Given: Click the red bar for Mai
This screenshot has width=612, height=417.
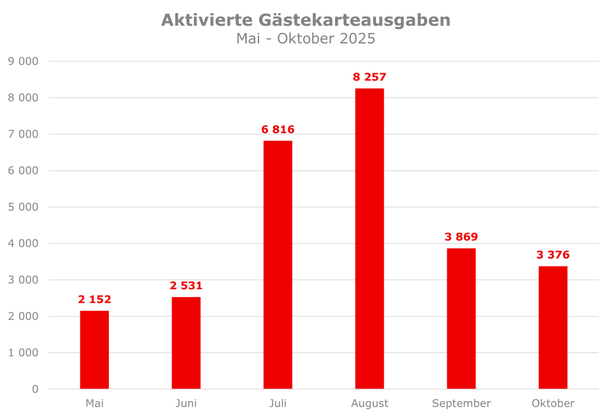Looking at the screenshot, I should click(94, 350).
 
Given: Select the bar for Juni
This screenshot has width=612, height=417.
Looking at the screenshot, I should click(186, 343).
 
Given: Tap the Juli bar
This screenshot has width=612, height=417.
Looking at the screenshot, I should click(278, 264).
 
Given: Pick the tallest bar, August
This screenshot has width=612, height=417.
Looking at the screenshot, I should click(369, 238).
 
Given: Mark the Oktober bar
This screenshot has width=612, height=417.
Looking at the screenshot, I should click(553, 327).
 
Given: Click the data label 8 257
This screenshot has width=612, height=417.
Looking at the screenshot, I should click(369, 77).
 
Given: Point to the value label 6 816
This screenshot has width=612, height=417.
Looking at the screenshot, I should click(278, 129).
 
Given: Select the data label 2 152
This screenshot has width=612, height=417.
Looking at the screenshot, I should click(94, 300).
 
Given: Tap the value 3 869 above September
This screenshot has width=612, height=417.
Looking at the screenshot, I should click(461, 237).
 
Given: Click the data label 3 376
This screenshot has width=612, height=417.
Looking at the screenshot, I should click(553, 255).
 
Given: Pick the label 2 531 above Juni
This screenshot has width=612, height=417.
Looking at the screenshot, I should click(186, 286).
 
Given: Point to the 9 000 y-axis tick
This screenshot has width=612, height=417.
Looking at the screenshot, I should click(23, 61).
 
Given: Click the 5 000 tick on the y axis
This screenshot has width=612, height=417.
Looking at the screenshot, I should click(23, 207).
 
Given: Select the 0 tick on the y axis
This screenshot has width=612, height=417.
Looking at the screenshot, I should click(35, 389).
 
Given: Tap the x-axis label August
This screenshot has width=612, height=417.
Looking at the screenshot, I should click(369, 403).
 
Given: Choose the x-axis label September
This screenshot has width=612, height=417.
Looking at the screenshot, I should click(461, 403).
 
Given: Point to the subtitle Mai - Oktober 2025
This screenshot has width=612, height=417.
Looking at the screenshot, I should click(305, 39).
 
